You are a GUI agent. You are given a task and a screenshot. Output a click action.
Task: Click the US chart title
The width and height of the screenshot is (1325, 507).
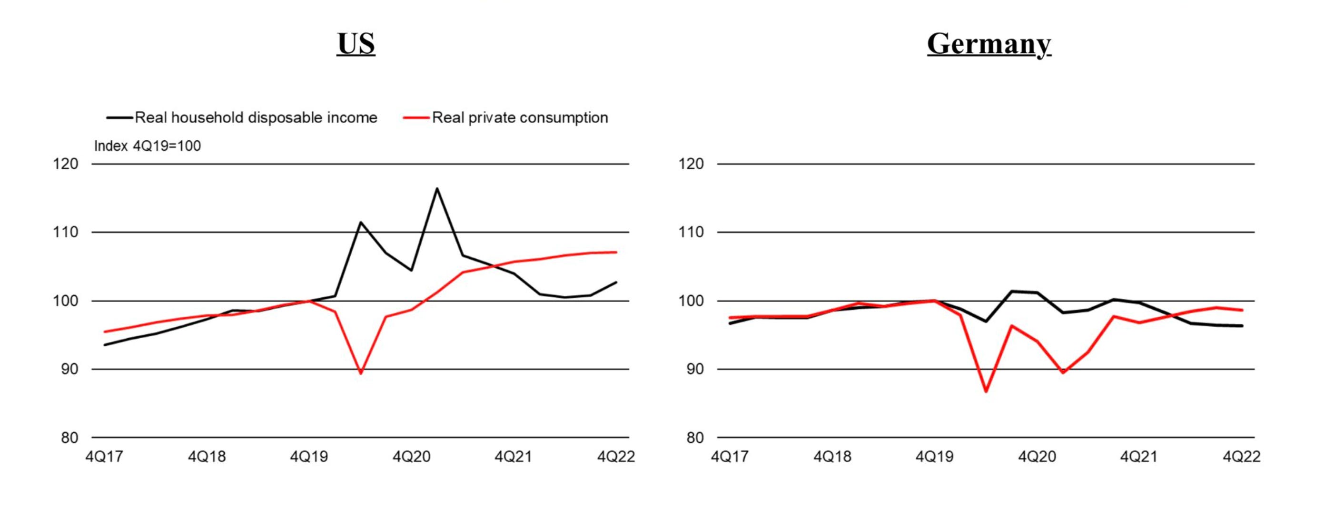coord(356,43)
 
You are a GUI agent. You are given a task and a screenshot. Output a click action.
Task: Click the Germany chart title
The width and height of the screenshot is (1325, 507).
coord(989,44)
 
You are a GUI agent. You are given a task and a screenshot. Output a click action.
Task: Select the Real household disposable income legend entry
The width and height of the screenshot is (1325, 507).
coord(242,118)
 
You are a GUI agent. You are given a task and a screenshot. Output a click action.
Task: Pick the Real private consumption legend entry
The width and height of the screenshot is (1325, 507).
coord(505,118)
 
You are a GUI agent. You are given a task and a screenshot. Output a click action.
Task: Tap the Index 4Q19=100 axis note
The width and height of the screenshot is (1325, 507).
coord(147,146)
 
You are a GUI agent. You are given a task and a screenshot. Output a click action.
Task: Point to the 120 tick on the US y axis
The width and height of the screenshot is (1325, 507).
coord(66,164)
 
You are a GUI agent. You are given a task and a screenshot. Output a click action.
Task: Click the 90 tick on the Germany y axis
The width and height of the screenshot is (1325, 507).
coord(695,369)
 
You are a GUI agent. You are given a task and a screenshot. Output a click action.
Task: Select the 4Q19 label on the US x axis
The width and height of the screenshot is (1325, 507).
coord(308,457)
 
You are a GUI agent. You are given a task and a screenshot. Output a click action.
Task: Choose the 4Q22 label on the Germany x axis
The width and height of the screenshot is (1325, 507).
coord(1242,457)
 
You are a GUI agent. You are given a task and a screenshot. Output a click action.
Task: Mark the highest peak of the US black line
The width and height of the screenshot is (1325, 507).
coord(437,188)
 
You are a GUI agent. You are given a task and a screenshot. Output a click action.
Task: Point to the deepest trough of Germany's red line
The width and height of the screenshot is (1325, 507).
coord(986,392)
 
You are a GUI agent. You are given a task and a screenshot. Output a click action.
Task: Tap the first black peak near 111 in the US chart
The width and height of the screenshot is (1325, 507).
coord(361,222)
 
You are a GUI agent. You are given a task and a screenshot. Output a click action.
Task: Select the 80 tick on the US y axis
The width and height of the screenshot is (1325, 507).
coord(69,438)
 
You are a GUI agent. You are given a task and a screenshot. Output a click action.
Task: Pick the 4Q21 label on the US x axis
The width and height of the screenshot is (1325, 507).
coord(514,457)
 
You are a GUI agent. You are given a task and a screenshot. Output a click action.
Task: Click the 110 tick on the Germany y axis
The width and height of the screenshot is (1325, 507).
coord(692,233)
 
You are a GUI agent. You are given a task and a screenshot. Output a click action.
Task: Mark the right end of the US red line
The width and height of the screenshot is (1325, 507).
coord(616,252)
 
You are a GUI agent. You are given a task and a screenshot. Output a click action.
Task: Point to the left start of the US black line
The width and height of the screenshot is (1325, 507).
coord(104,345)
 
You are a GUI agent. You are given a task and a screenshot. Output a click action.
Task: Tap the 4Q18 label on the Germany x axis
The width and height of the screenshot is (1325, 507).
coord(832,457)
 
